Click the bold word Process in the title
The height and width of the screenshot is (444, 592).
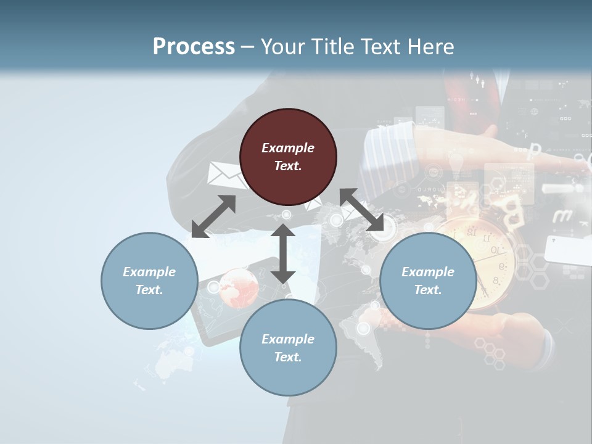pos(194,46)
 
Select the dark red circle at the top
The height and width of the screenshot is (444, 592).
pos(288,157)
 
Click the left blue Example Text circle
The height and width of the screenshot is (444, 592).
pos(149,281)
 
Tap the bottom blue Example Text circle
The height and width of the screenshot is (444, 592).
pos(288,348)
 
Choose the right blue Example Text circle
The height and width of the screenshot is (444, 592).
pos(428,281)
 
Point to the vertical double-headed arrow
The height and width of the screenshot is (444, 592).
pos(282,253)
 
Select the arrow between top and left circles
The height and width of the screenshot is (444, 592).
pos(213,216)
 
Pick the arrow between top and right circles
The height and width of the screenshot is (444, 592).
pos(362,210)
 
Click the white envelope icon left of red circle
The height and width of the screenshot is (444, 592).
pos(225,175)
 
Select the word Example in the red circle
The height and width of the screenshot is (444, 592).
pos(288,148)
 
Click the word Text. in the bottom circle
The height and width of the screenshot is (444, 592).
pos(288,357)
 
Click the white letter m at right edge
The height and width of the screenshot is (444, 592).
pos(562,216)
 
